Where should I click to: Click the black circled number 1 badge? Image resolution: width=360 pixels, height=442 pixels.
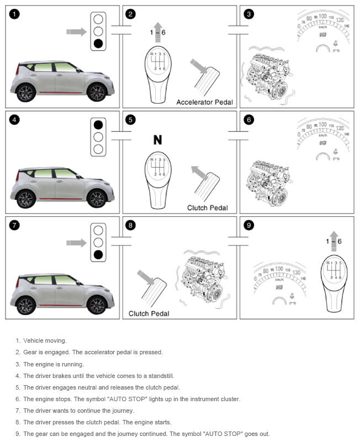pyautogui.click(x=14, y=14)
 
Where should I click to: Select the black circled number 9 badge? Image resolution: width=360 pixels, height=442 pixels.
pyautogui.click(x=248, y=225)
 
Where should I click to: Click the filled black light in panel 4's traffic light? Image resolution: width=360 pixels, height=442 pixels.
pyautogui.click(x=98, y=124)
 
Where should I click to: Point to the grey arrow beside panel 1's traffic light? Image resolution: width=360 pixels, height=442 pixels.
pyautogui.click(x=76, y=31)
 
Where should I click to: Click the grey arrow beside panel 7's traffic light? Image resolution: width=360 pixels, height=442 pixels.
pyautogui.click(x=76, y=242)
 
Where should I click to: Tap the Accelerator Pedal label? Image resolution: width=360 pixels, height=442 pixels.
pyautogui.click(x=205, y=102)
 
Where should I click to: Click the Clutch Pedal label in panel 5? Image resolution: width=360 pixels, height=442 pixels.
pyautogui.click(x=207, y=208)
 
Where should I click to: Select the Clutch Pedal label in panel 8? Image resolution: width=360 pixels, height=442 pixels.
pyautogui.click(x=149, y=313)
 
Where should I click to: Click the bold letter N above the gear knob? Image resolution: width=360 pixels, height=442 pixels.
pyautogui.click(x=157, y=140)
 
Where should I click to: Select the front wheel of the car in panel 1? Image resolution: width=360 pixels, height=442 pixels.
pyautogui.click(x=96, y=92)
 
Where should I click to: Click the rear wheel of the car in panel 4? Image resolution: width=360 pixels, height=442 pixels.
pyautogui.click(x=26, y=198)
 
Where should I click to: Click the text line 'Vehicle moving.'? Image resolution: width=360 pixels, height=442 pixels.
pyautogui.click(x=45, y=340)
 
